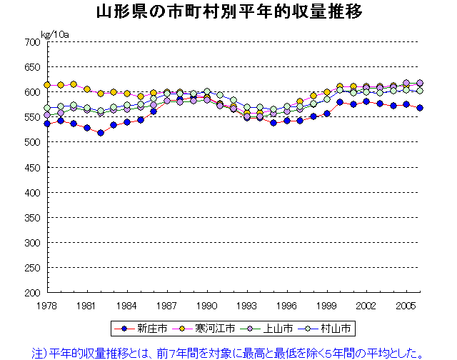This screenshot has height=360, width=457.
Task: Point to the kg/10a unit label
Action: (x=55, y=33)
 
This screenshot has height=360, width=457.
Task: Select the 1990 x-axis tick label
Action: (x=207, y=305)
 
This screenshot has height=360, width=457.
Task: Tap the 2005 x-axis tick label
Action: (x=407, y=305)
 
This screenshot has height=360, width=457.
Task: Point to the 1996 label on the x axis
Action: (x=287, y=305)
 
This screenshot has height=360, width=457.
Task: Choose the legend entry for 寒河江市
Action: (x=211, y=329)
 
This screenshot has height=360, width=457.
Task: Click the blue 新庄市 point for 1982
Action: (x=101, y=133)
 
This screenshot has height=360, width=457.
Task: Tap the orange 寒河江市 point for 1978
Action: (x=47, y=85)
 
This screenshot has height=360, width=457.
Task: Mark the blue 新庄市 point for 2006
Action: (x=420, y=108)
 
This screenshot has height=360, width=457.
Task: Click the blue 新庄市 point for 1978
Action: (x=47, y=124)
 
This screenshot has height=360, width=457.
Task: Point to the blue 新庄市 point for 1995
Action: (x=273, y=123)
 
